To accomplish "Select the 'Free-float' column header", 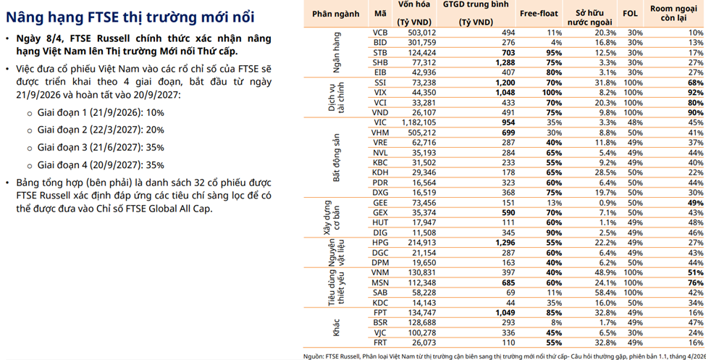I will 539,14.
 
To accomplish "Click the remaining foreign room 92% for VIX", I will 694,93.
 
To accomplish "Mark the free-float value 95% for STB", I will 554,53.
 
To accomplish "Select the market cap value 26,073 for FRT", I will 421,343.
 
